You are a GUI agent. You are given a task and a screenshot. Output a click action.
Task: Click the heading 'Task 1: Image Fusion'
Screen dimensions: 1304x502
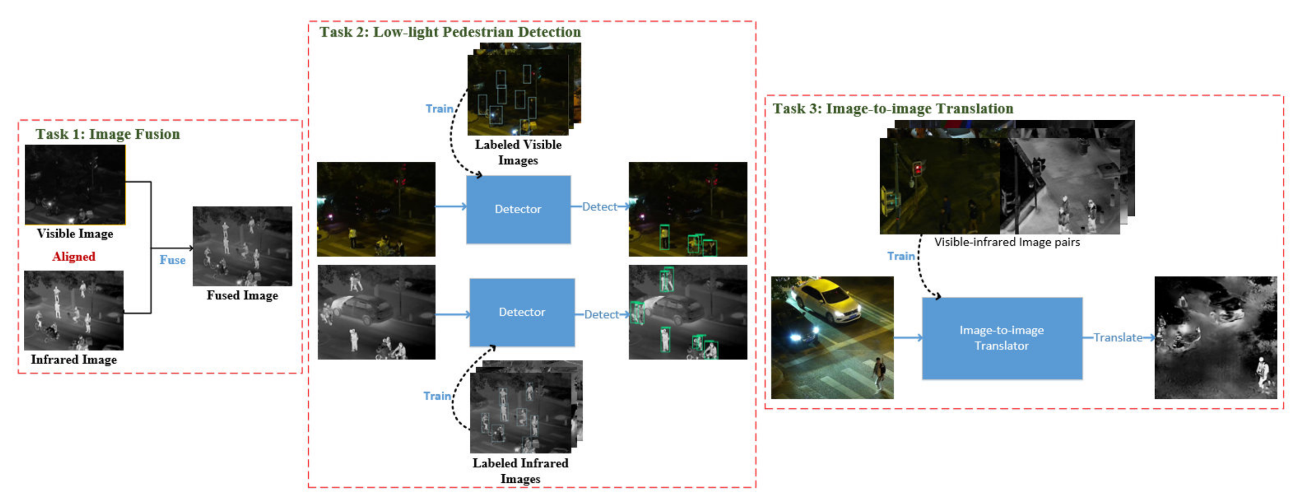[107, 134]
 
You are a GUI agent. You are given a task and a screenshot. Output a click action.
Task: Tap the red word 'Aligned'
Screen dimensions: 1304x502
[74, 256]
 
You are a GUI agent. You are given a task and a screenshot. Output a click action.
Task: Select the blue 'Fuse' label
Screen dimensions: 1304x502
[172, 260]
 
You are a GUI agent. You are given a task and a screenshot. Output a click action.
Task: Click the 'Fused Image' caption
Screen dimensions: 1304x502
[242, 296]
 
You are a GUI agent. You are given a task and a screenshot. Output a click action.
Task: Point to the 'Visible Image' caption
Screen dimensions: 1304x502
[75, 234]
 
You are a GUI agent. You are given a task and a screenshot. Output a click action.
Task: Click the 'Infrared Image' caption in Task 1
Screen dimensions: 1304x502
[74, 360]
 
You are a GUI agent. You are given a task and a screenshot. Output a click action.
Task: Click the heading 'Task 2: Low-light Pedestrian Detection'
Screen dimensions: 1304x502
[450, 32]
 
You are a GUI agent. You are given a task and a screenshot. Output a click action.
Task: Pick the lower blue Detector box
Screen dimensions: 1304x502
[522, 312]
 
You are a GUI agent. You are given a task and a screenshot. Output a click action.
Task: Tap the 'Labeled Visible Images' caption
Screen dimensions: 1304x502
[518, 152]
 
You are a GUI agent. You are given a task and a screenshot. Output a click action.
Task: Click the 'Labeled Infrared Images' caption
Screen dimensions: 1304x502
[521, 471]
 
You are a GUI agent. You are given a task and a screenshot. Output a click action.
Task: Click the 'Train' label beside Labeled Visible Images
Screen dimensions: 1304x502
[439, 109]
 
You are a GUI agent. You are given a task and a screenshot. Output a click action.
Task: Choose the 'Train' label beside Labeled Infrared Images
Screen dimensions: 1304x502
[437, 396]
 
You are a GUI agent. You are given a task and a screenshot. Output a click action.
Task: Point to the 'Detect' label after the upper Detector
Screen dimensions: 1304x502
[599, 206]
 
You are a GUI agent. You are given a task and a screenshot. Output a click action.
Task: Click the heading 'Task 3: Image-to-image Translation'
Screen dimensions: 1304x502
[893, 109]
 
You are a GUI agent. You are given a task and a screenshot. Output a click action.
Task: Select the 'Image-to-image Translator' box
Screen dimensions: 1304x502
[1002, 338]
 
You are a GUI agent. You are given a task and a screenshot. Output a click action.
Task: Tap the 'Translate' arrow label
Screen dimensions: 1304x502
[1118, 337]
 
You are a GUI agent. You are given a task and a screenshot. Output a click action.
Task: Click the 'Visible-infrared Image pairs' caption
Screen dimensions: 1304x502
[1007, 242]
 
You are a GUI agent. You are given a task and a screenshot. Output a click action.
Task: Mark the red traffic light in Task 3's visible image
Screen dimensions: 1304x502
[917, 169]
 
